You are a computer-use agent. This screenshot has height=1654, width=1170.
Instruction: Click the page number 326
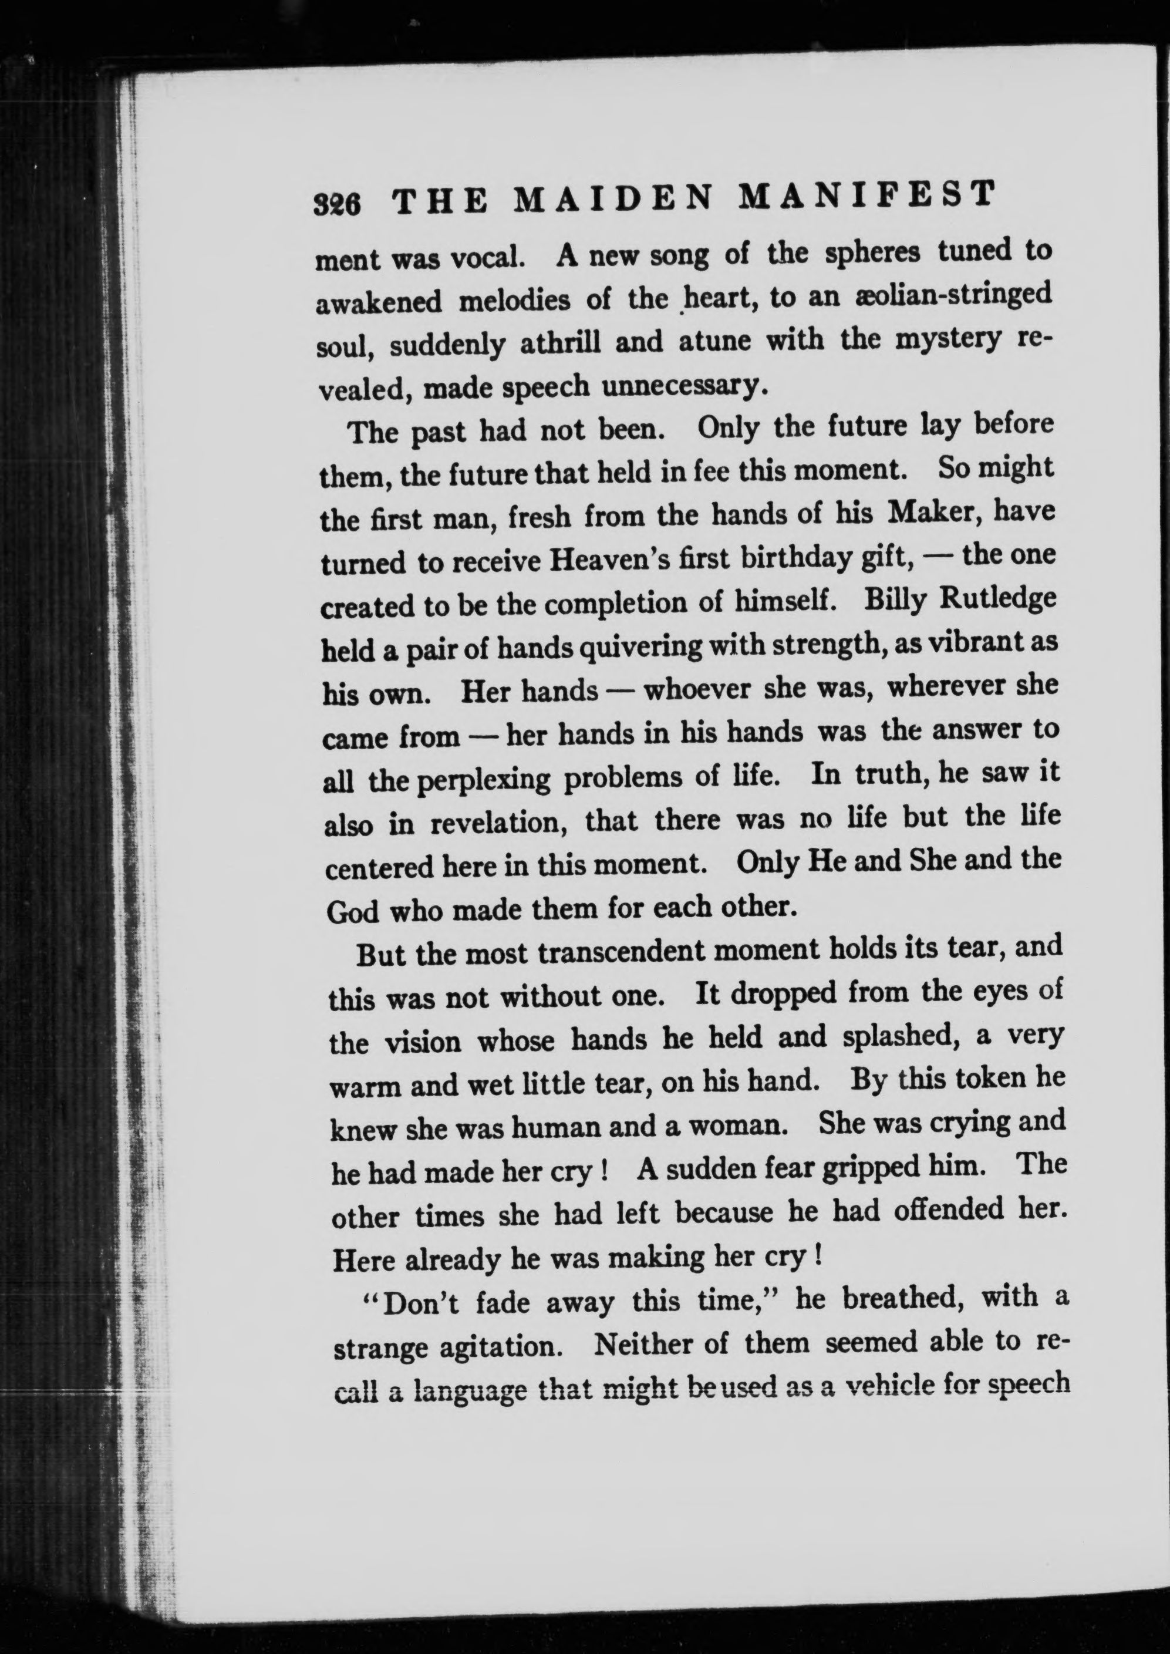click(x=337, y=204)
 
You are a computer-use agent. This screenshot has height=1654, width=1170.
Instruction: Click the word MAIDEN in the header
click(x=615, y=200)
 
